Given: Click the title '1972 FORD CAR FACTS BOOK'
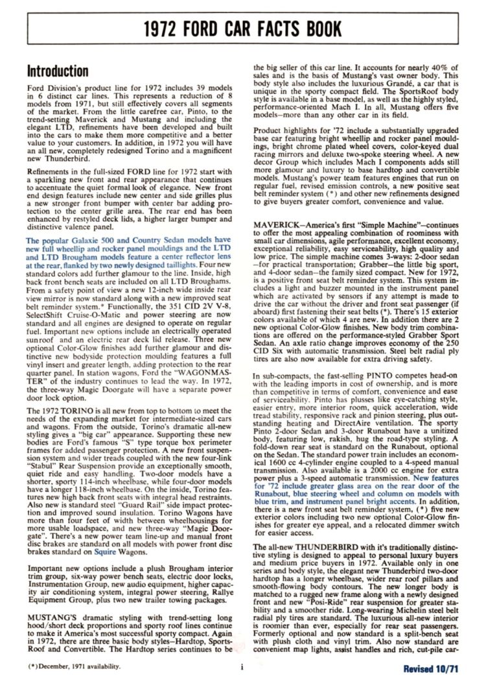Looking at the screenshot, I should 243,30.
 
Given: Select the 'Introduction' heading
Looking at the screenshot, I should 58,71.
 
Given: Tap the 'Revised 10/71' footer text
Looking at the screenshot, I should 431,667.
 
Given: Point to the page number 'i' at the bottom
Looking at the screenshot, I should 240,666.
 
